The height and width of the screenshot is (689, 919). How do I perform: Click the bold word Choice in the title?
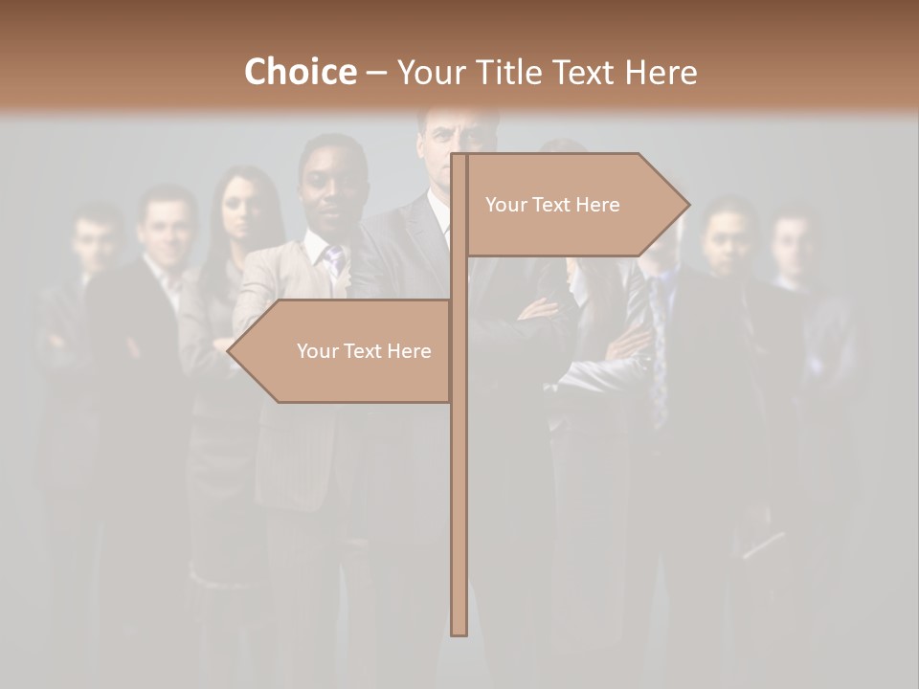click(x=300, y=72)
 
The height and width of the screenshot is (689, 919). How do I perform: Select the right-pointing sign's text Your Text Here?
click(x=552, y=205)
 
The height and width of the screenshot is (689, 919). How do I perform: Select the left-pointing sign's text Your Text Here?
click(x=364, y=351)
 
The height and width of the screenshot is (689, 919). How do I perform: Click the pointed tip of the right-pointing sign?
click(x=687, y=204)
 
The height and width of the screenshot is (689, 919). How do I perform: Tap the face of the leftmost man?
click(x=95, y=239)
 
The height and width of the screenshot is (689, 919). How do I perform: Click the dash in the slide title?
click(x=376, y=72)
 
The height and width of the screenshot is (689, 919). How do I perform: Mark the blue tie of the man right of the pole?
click(x=660, y=354)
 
